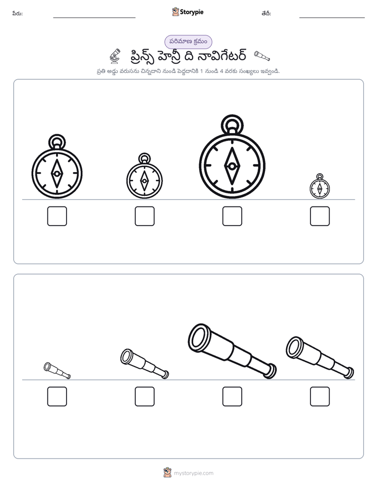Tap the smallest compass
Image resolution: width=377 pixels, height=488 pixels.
320,186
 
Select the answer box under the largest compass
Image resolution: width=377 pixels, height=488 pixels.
232,216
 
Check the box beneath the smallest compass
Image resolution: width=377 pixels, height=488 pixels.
320,216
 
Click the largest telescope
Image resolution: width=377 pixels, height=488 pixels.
232,351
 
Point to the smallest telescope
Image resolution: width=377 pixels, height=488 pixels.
57,370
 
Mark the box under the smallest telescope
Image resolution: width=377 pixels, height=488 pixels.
57,397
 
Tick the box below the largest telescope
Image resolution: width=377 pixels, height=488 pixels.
232,397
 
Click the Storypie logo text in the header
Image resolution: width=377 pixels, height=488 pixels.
192,12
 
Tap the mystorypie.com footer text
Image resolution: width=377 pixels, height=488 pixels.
193,473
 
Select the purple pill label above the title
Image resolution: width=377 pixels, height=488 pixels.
188,42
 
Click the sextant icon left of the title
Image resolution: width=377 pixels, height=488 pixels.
115,55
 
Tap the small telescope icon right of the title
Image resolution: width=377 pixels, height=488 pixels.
262,55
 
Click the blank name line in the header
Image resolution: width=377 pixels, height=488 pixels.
94,18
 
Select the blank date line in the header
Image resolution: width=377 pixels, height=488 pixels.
332,18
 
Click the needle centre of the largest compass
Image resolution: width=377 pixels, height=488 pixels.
232,166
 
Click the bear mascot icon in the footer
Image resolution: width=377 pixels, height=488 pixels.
167,473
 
